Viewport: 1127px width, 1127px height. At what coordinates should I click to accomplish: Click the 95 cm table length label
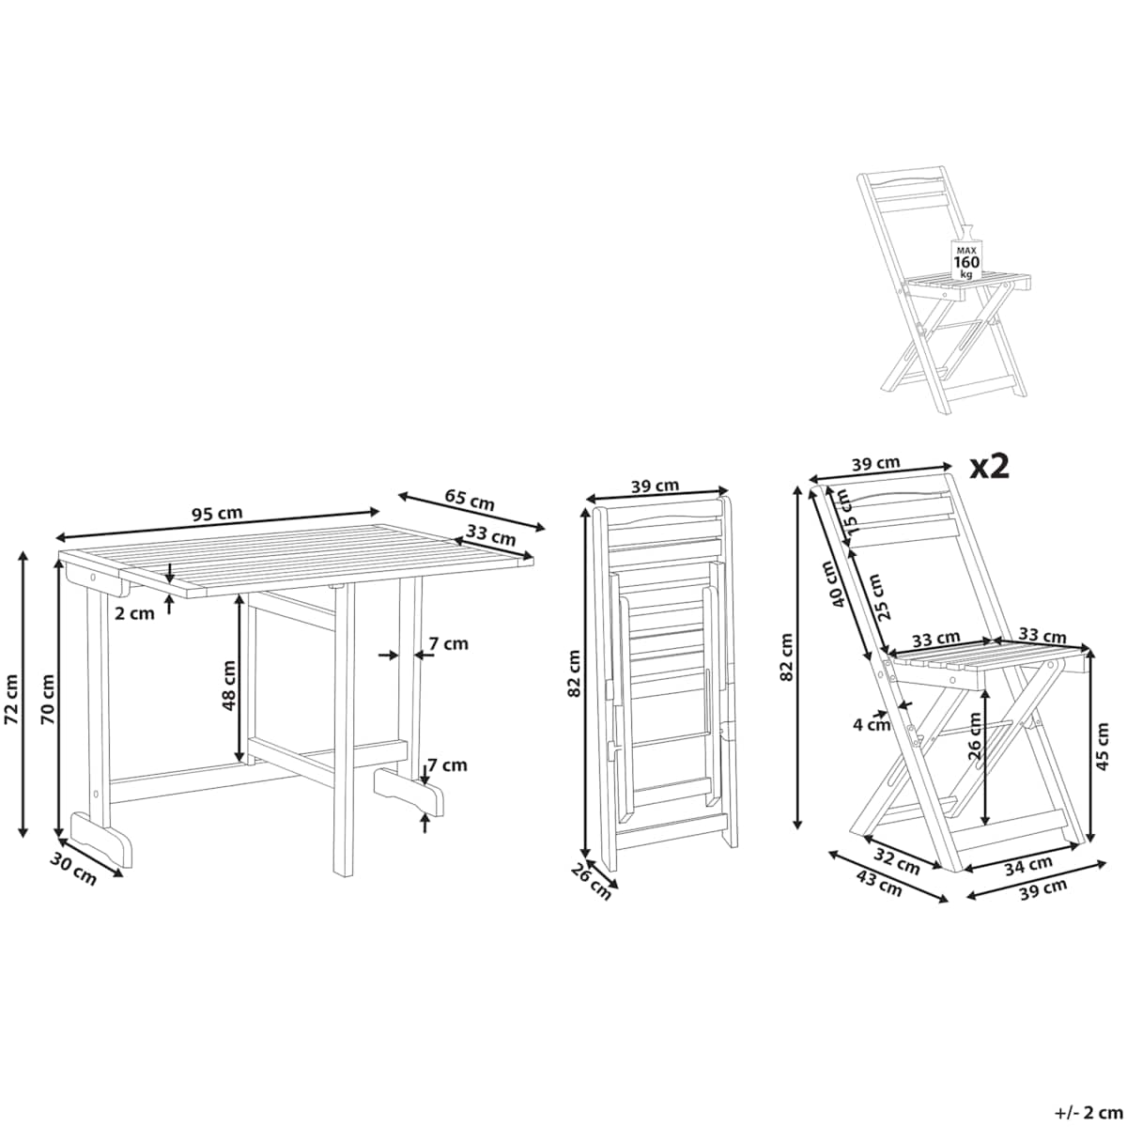click(x=217, y=514)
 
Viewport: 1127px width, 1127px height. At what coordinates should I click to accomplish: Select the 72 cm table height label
click(x=11, y=700)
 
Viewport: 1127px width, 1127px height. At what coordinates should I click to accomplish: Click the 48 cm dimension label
click(x=228, y=685)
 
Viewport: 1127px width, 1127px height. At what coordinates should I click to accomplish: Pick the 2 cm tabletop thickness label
click(x=134, y=613)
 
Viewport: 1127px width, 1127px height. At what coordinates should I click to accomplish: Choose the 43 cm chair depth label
click(x=879, y=883)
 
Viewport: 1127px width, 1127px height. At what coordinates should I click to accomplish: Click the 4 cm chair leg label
click(x=872, y=725)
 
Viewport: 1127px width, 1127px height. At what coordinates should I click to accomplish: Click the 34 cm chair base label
click(x=1028, y=866)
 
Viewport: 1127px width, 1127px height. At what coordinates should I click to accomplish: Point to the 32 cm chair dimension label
click(x=897, y=861)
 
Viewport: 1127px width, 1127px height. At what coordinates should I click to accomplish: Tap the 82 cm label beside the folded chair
click(x=575, y=673)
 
